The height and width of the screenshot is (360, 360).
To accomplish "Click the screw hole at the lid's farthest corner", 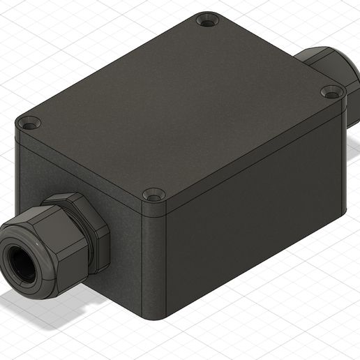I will pyautogui.click(x=207, y=22).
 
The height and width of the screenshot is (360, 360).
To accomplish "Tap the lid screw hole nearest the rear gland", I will pyautogui.click(x=331, y=92).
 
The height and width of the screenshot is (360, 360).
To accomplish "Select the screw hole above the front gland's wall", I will pyautogui.click(x=29, y=124).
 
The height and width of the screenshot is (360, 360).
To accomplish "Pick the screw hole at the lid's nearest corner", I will pyautogui.click(x=153, y=195).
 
